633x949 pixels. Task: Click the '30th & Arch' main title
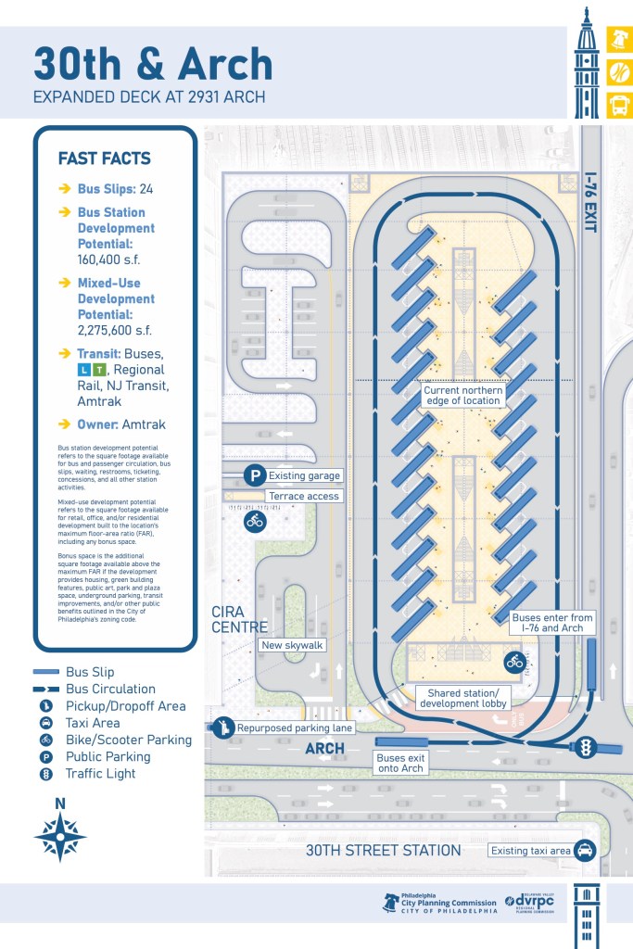point(153,65)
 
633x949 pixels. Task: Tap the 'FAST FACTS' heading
point(104,158)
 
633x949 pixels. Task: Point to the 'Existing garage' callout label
point(304,475)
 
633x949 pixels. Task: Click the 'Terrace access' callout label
point(303,496)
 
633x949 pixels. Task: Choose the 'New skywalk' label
point(285,645)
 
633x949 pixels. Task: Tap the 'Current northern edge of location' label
point(463,397)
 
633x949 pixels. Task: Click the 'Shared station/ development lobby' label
point(462,698)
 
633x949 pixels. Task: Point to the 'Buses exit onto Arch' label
point(400,764)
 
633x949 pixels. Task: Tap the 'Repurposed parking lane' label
point(294,728)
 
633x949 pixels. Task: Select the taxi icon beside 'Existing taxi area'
point(585,850)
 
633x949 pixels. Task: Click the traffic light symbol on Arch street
point(585,747)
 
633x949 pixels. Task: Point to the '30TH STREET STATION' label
point(384,850)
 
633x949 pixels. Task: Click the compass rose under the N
point(60,836)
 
